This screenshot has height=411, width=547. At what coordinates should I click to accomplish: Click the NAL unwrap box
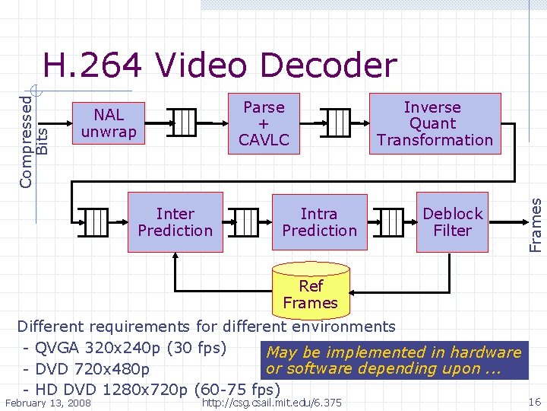(x=109, y=124)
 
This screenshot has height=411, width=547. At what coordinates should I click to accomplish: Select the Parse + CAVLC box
(x=263, y=123)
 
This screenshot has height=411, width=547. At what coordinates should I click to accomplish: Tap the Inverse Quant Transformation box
(x=435, y=123)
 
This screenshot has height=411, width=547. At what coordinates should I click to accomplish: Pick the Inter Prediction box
(x=175, y=222)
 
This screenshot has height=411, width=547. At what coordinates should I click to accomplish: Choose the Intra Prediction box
(x=319, y=222)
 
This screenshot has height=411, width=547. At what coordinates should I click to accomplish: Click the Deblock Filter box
(x=452, y=222)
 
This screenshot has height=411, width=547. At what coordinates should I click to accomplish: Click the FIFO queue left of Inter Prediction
(x=97, y=221)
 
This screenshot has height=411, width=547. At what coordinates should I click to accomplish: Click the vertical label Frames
(x=536, y=225)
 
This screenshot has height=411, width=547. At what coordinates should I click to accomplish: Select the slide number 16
(x=534, y=401)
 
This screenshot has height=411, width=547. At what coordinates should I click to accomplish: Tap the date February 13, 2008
(x=48, y=403)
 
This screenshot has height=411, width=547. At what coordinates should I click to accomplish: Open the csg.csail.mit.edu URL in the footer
(x=273, y=403)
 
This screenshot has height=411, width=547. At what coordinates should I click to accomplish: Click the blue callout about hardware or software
(x=394, y=361)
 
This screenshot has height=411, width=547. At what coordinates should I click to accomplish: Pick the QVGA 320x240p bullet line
(x=125, y=348)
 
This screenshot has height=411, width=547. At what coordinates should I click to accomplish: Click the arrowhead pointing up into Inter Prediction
(x=175, y=256)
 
